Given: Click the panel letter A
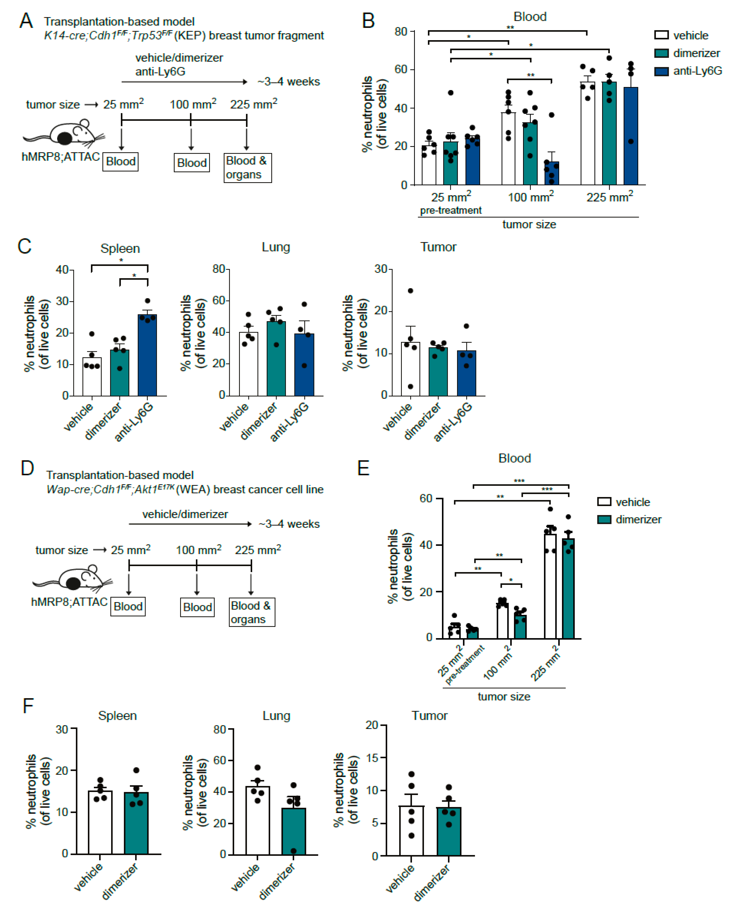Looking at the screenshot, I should tap(26, 20).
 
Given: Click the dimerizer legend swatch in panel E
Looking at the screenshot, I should tap(604, 519).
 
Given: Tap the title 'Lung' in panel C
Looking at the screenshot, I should tap(276, 247).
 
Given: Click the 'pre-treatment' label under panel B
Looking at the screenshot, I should tap(451, 210).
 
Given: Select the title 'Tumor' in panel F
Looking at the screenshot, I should tap(429, 715).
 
